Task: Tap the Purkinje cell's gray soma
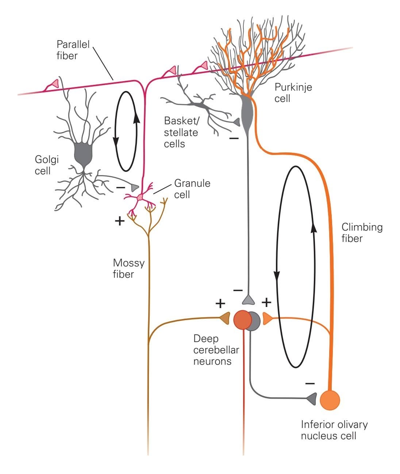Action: point(248,112)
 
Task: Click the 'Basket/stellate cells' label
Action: point(181,132)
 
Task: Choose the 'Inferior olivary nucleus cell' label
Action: point(334,430)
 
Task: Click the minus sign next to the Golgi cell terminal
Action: point(120,187)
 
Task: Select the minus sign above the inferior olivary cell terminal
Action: point(309,383)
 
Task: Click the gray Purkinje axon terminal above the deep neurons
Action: point(249,300)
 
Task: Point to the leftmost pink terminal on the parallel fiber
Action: point(54,83)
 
